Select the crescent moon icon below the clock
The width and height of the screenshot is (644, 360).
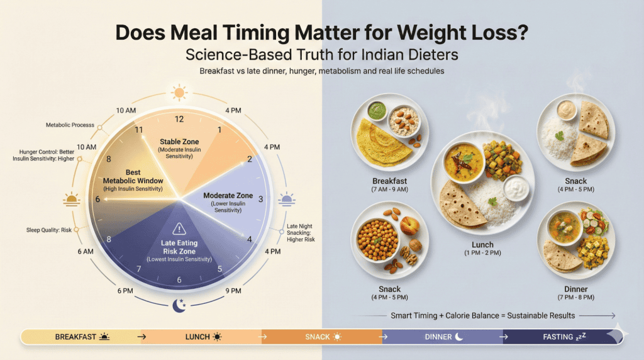point(180,306)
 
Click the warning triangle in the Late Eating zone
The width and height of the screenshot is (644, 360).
point(180,228)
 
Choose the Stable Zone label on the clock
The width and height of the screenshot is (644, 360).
point(179,145)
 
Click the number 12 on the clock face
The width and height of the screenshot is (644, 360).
point(180,119)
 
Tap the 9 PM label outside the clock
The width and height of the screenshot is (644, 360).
point(233,291)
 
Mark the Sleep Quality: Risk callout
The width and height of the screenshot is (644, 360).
point(50,230)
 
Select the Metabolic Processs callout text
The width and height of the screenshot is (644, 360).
point(70,125)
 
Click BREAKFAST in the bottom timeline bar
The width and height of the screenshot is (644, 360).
point(76,337)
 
